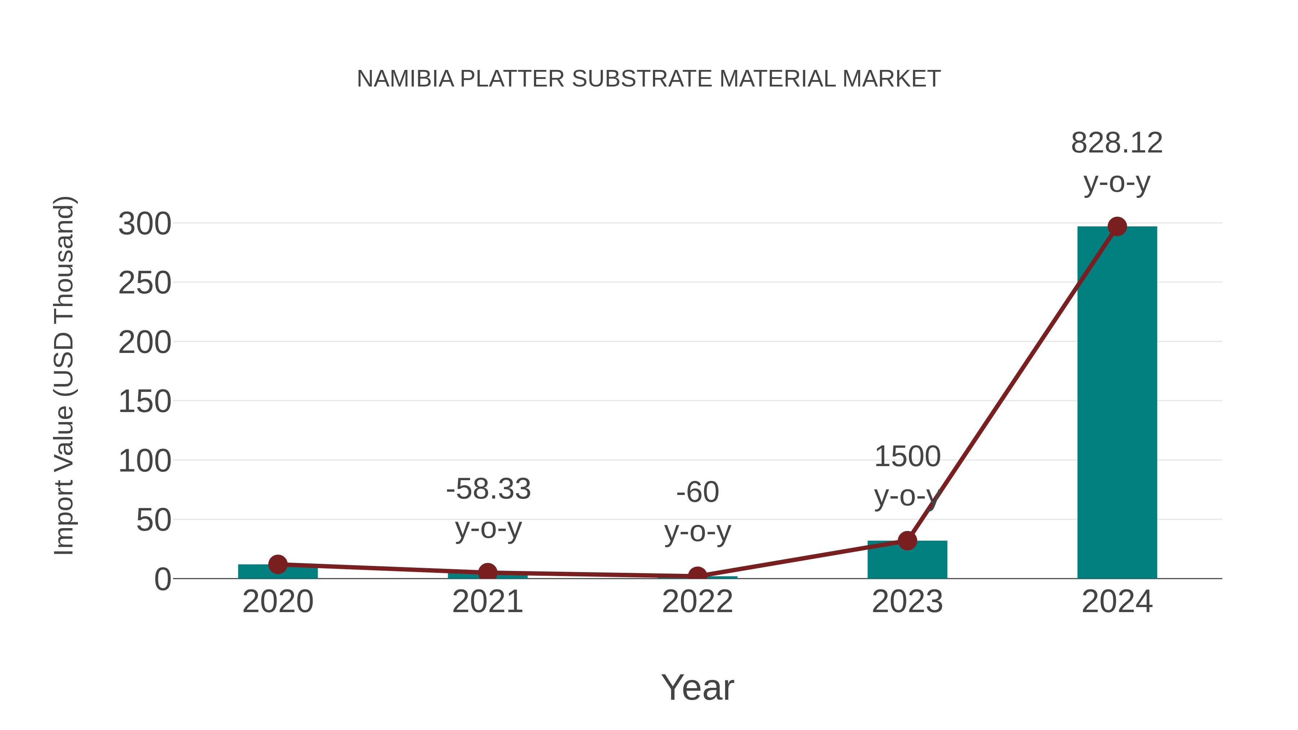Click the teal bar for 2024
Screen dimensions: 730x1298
[1117, 403]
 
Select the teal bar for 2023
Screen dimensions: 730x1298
[907, 560]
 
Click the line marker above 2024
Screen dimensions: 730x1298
[1117, 227]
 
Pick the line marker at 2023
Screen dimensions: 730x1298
[907, 541]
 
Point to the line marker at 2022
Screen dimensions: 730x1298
[697, 575]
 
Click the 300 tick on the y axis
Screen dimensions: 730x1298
[145, 224]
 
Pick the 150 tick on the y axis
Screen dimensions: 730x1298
[145, 402]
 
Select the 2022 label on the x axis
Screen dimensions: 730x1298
[697, 602]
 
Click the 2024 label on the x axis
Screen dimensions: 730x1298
[1117, 602]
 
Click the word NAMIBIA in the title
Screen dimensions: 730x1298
[405, 79]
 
